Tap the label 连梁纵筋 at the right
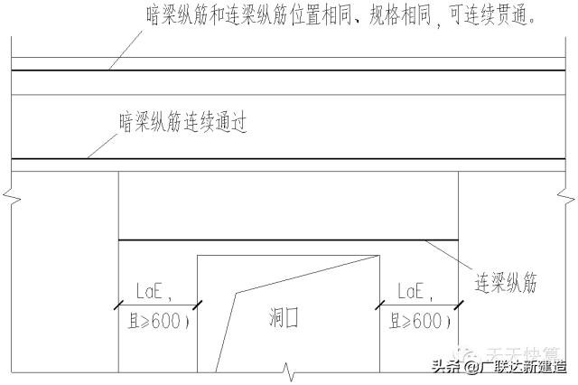coord(506,284)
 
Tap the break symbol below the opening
coord(287,370)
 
